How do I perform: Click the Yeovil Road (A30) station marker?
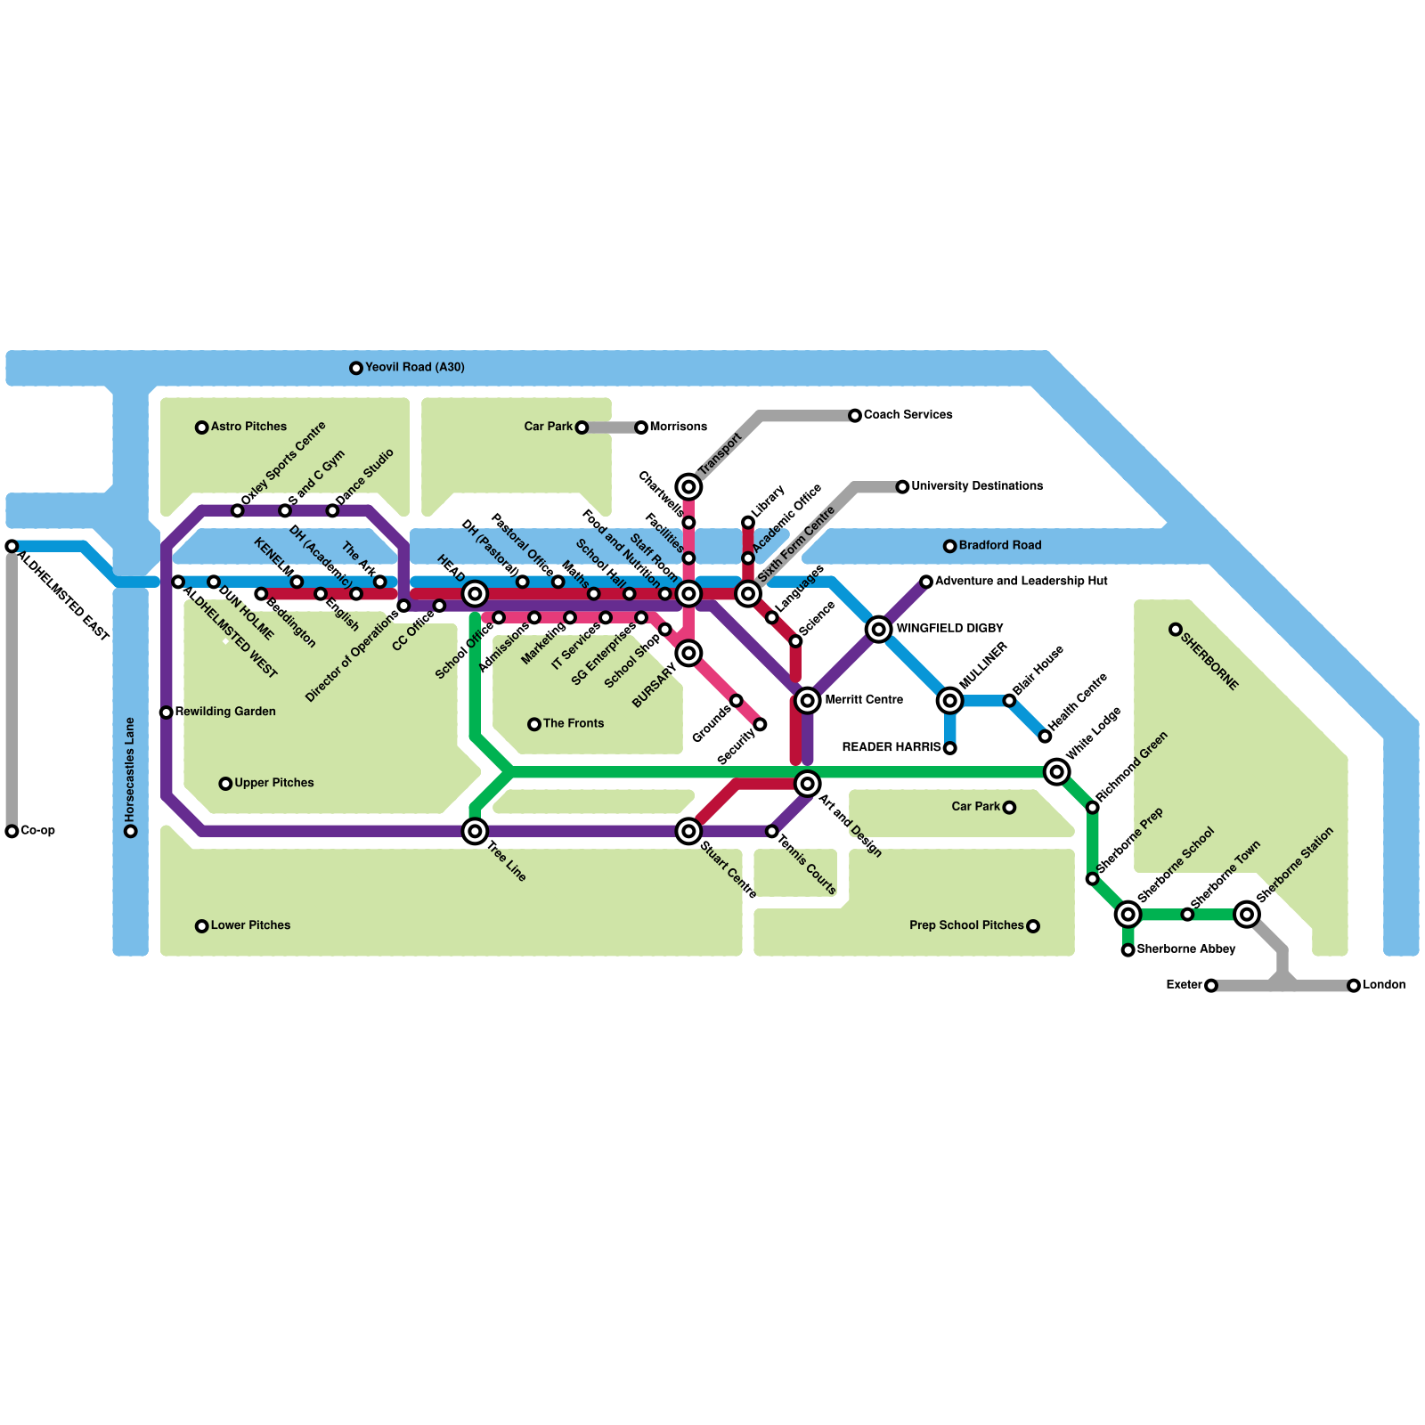click(356, 368)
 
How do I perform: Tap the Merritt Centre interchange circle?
click(808, 700)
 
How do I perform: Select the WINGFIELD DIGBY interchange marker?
click(879, 629)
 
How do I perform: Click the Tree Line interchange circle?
click(475, 831)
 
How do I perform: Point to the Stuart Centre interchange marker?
click(688, 831)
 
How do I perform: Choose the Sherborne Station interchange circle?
click(1247, 914)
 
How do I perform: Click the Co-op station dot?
click(12, 831)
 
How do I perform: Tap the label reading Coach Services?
click(908, 415)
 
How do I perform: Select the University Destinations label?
click(976, 486)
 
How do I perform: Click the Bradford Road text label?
click(999, 545)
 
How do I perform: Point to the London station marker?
click(1354, 985)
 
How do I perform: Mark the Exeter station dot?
click(1211, 985)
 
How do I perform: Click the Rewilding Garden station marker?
click(167, 712)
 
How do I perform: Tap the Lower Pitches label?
click(250, 925)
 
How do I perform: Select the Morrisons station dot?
click(641, 427)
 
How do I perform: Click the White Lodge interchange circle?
click(1057, 771)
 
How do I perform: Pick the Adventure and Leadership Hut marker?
click(926, 582)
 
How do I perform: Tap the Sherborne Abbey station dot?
click(1128, 950)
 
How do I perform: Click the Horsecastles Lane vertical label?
click(130, 769)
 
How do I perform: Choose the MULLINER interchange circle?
click(950, 700)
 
